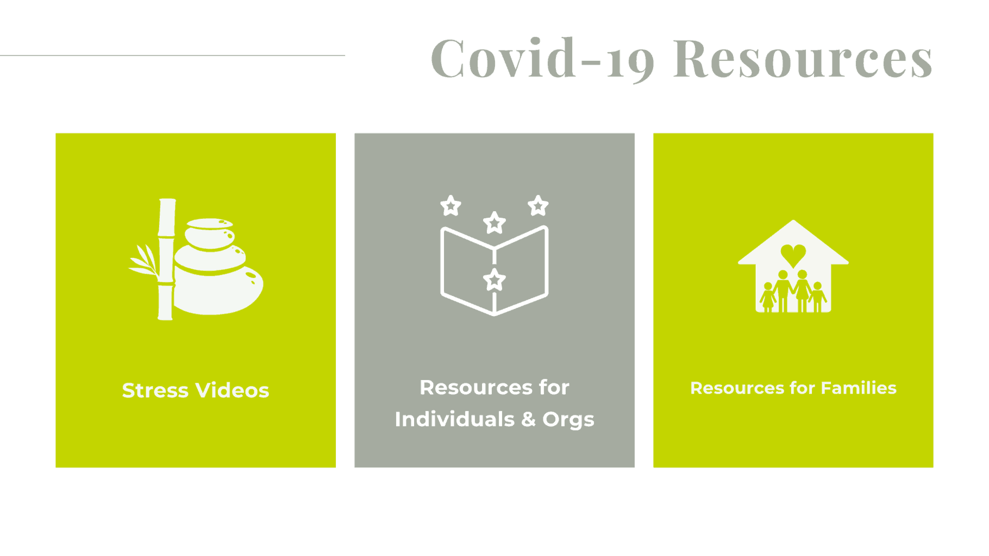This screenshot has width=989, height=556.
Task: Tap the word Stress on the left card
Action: click(155, 390)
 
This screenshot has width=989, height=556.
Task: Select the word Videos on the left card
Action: click(232, 390)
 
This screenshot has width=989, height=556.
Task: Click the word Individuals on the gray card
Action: click(454, 419)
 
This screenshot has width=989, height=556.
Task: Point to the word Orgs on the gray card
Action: click(568, 420)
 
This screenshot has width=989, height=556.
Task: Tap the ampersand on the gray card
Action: click(528, 419)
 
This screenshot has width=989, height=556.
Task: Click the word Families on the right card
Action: click(859, 388)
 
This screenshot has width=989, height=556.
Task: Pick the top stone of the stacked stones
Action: click(209, 223)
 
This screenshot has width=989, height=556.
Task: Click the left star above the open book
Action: click(450, 206)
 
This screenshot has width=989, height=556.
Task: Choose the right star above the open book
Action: click(538, 205)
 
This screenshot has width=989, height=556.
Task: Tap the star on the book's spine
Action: click(494, 280)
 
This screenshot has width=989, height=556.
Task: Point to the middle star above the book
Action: click(494, 223)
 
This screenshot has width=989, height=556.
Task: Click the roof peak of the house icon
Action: click(793, 224)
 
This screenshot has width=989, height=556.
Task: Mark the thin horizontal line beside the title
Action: click(172, 55)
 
